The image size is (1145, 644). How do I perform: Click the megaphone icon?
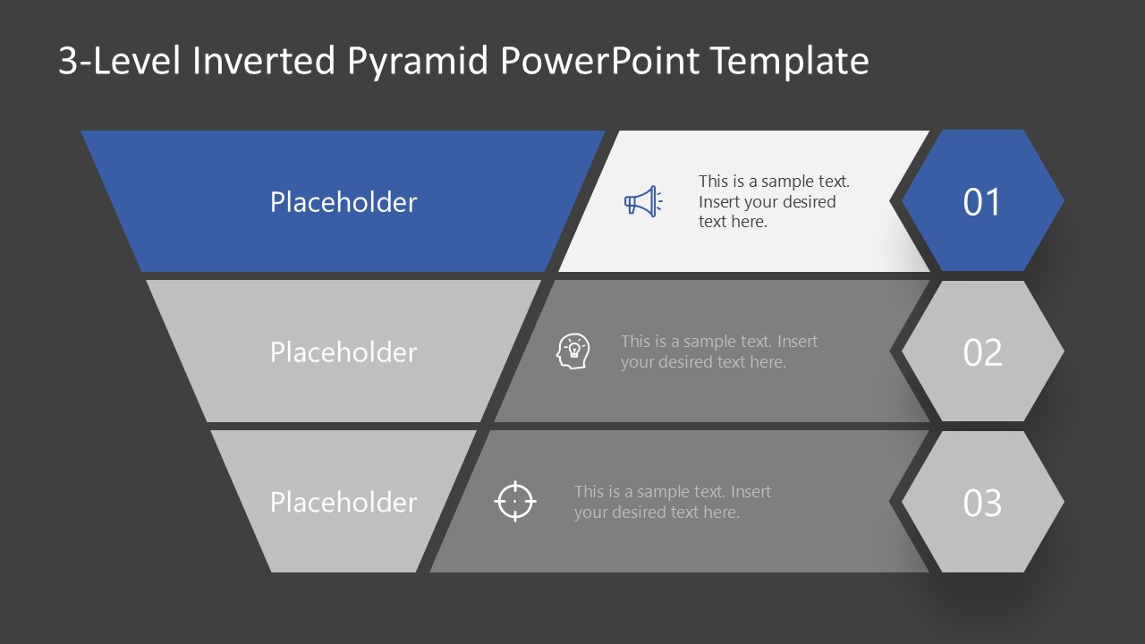coord(642,201)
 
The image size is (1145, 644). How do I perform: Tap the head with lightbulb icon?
coord(573,352)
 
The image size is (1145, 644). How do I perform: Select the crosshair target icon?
coord(515,501)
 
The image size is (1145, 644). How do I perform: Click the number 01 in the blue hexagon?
coord(981,202)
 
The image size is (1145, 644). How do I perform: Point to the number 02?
coord(981,352)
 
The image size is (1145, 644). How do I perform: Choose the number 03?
coord(981,503)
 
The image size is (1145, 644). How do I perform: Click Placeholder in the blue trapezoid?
coord(343,202)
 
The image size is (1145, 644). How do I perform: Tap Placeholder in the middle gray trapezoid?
coord(343,352)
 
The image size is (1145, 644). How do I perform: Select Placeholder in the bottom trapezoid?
coord(343,503)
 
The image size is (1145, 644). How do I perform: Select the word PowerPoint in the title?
coord(601,61)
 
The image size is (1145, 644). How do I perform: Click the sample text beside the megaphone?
coord(773,201)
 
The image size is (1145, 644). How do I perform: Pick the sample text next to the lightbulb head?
coord(718,352)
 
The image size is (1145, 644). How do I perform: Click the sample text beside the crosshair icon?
coord(672,502)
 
